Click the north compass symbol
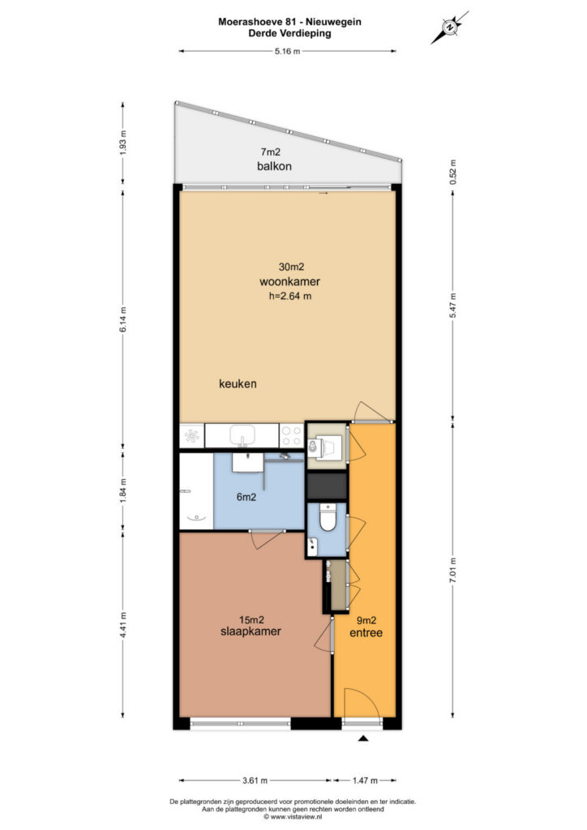click(449, 28)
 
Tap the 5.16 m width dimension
click(287, 51)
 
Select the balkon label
click(274, 166)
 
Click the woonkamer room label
click(289, 281)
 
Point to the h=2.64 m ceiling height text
click(290, 297)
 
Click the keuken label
click(238, 383)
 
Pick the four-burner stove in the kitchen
click(291, 435)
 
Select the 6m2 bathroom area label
click(246, 497)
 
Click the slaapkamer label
click(251, 631)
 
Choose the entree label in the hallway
click(366, 632)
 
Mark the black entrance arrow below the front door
click(363, 738)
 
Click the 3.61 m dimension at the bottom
click(255, 781)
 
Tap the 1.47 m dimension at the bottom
click(365, 781)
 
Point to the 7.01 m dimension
click(453, 571)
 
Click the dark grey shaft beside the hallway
click(327, 486)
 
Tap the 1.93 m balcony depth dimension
click(122, 143)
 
